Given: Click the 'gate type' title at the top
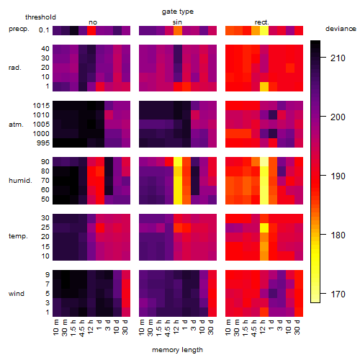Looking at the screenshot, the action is pyautogui.click(x=178, y=12).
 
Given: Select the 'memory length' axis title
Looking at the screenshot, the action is pyautogui.click(x=177, y=350).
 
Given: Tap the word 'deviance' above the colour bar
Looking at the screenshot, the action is pyautogui.click(x=341, y=29).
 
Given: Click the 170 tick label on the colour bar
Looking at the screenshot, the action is pyautogui.click(x=338, y=294).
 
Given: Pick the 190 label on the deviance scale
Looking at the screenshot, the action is pyautogui.click(x=338, y=176).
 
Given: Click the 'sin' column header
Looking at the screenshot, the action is pyautogui.click(x=177, y=22).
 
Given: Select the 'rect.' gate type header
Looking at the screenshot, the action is pyautogui.click(x=261, y=22).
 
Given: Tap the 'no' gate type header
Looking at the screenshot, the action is pyautogui.click(x=93, y=22).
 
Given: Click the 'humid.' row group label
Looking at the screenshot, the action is pyautogui.click(x=20, y=181).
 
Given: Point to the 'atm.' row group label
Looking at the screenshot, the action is pyautogui.click(x=16, y=125).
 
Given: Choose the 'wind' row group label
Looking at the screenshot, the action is pyautogui.click(x=17, y=294).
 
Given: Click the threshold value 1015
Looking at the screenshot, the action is pyautogui.click(x=41, y=106).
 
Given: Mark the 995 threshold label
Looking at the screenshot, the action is pyautogui.click(x=43, y=143).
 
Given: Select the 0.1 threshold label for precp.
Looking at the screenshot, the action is pyautogui.click(x=44, y=30).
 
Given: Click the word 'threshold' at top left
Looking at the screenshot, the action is pyautogui.click(x=40, y=17).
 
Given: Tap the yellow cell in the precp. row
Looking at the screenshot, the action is pyautogui.click(x=264, y=30).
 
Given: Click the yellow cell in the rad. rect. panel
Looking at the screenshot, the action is pyautogui.click(x=264, y=86).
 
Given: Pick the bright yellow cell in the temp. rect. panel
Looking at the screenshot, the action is pyautogui.click(x=264, y=228).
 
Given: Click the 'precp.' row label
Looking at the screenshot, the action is pyautogui.click(x=19, y=29).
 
